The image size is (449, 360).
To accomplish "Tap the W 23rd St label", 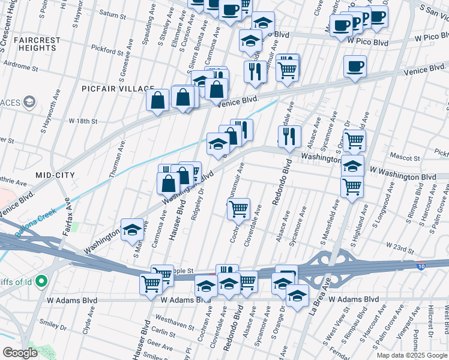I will [401, 247].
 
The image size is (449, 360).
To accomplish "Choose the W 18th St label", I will [83, 121].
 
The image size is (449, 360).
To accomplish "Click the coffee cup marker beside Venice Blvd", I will [355, 66].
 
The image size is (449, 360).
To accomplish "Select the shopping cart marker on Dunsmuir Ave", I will [239, 209].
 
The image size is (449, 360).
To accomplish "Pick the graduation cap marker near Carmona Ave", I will [132, 229].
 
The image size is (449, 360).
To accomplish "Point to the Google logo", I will [20, 353].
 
